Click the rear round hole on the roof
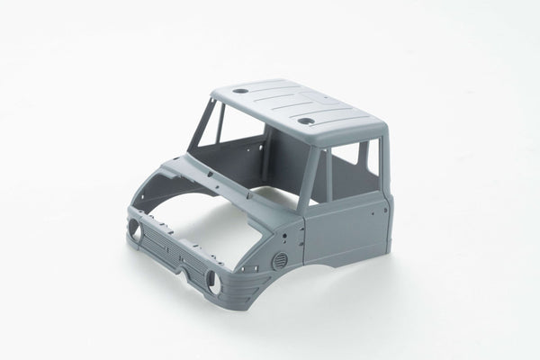[241, 92]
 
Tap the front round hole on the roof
[306, 120]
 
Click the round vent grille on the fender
[280, 260]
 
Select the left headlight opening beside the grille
[136, 230]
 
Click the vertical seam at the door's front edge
[304, 238]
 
